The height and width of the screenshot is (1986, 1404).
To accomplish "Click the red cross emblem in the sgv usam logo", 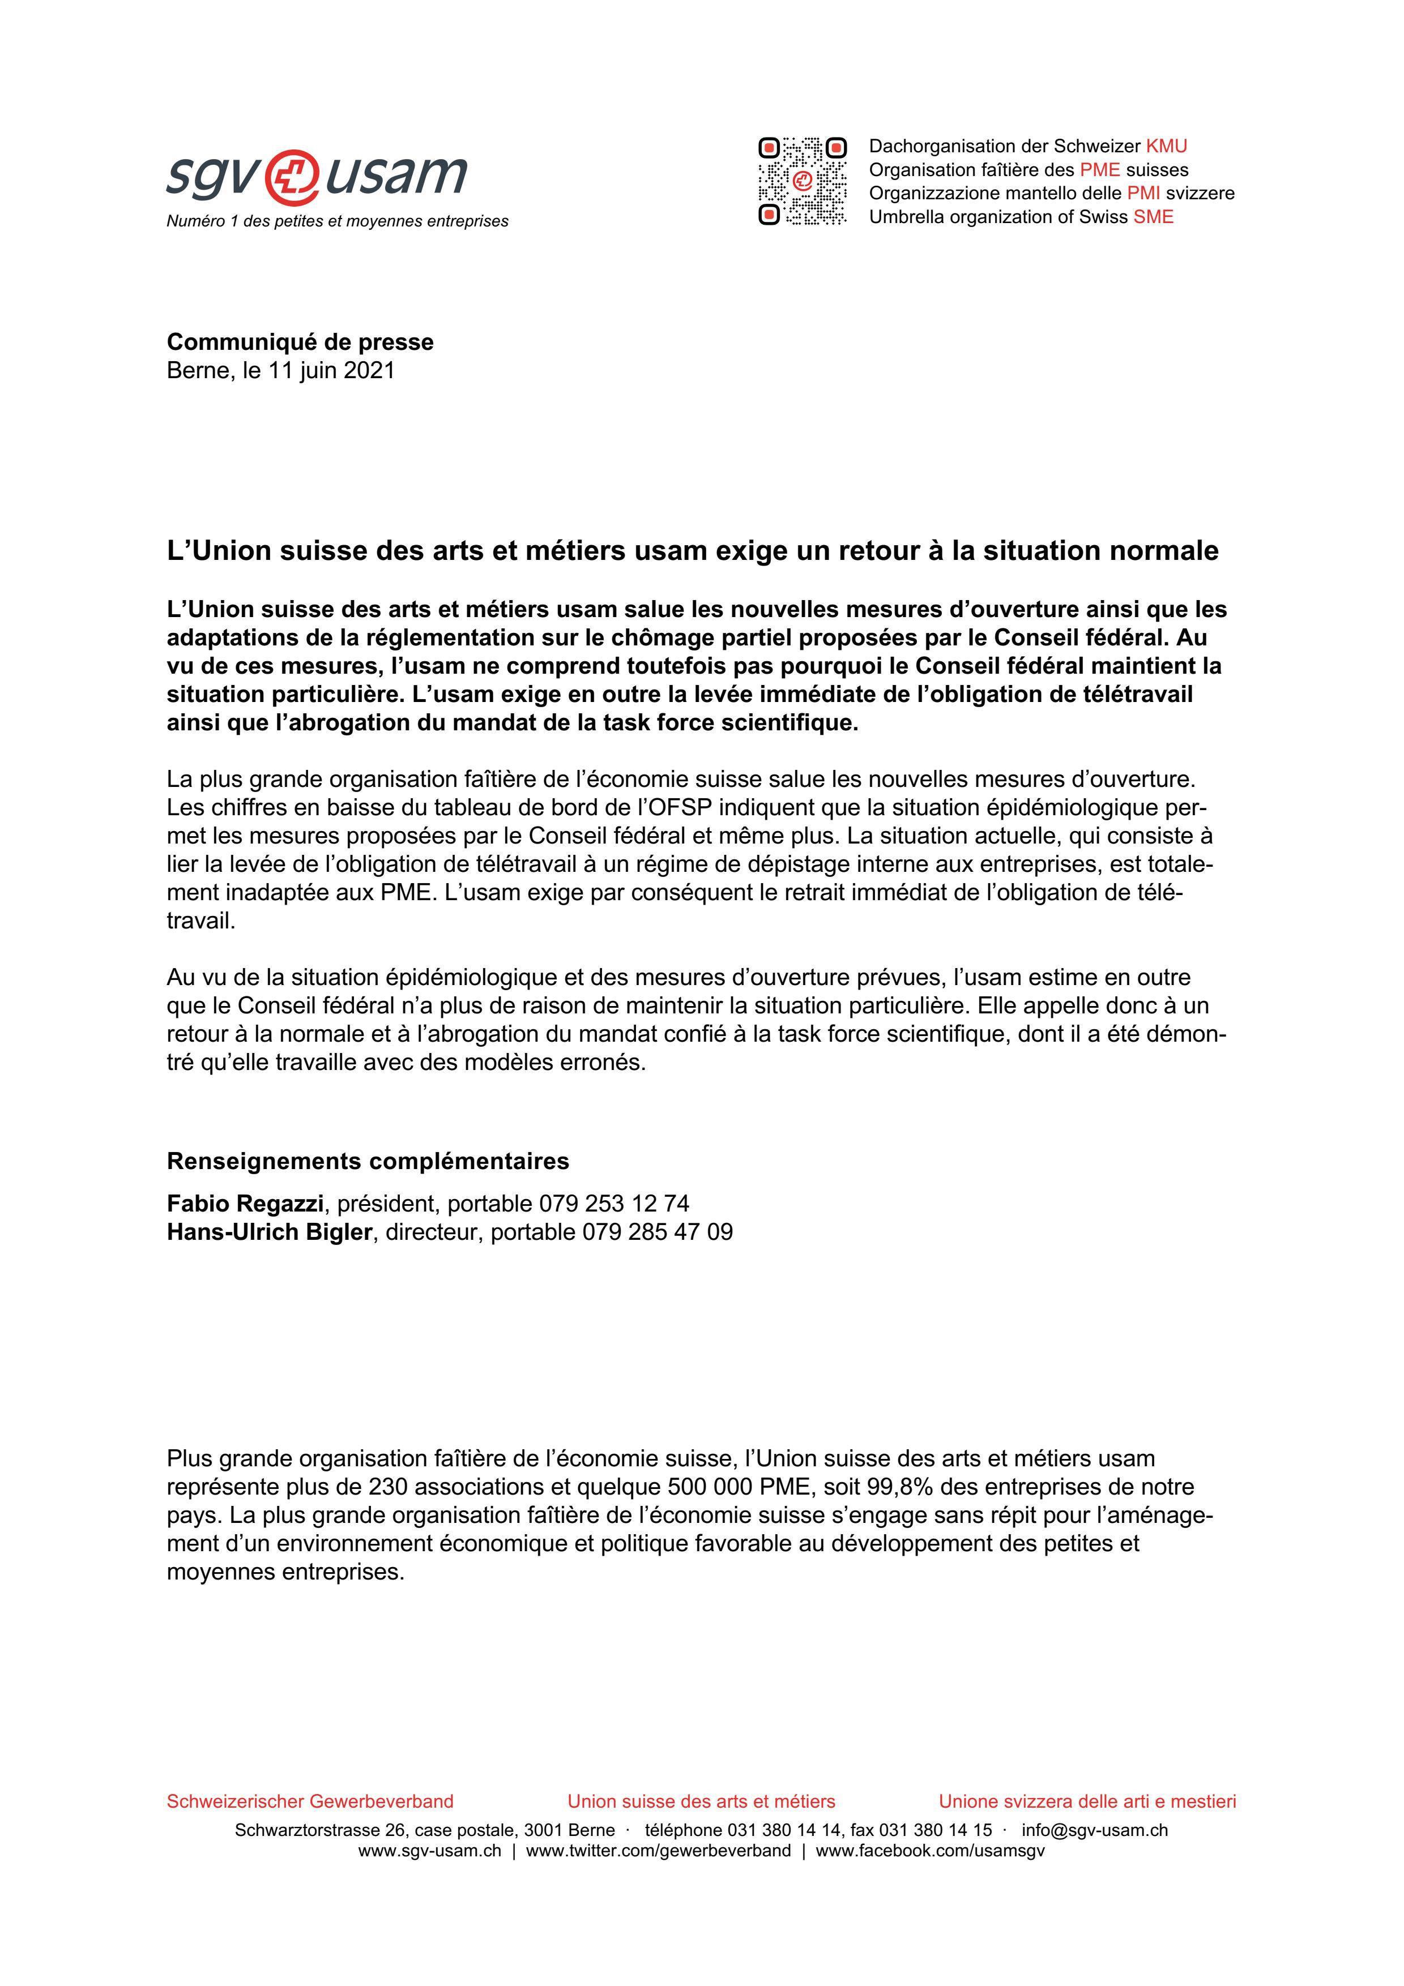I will click(291, 176).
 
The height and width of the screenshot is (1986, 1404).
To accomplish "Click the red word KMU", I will click(1166, 146).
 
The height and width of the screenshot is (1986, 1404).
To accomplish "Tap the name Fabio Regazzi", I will click(245, 1203).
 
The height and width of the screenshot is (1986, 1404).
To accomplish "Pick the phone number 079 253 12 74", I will click(613, 1203).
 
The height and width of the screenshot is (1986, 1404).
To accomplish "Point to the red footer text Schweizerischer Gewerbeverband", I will click(310, 1802).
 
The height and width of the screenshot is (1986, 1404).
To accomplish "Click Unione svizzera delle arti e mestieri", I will click(1087, 1802).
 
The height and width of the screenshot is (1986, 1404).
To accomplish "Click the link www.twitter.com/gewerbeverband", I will click(658, 1851).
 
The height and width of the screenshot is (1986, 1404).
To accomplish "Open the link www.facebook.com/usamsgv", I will click(930, 1851).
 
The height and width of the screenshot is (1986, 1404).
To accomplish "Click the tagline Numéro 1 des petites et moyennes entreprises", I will click(338, 221).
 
